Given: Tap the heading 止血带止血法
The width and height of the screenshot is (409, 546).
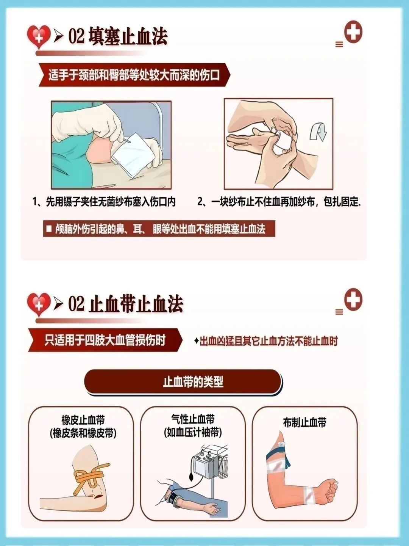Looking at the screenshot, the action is (136, 304).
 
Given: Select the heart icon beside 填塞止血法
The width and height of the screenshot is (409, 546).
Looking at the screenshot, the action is (39, 37).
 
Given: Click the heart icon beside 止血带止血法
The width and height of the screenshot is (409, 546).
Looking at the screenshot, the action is (39, 304).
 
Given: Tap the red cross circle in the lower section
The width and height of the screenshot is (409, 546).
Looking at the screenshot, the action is (353, 300).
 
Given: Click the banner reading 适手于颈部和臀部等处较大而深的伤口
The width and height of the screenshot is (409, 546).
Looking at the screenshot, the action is (134, 75).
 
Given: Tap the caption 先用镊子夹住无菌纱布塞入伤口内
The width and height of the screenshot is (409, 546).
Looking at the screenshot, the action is (104, 201).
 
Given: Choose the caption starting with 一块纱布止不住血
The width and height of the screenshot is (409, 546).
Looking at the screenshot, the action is (279, 201).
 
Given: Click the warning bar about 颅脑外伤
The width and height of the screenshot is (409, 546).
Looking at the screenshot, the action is (159, 229).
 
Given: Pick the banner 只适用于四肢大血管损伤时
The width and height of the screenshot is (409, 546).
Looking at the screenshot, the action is (105, 340).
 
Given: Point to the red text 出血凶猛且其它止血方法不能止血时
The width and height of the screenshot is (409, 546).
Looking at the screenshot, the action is (266, 341).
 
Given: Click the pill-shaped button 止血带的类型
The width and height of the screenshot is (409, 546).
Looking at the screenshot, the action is (183, 381).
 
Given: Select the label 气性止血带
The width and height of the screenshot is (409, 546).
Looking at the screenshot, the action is (193, 419).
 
